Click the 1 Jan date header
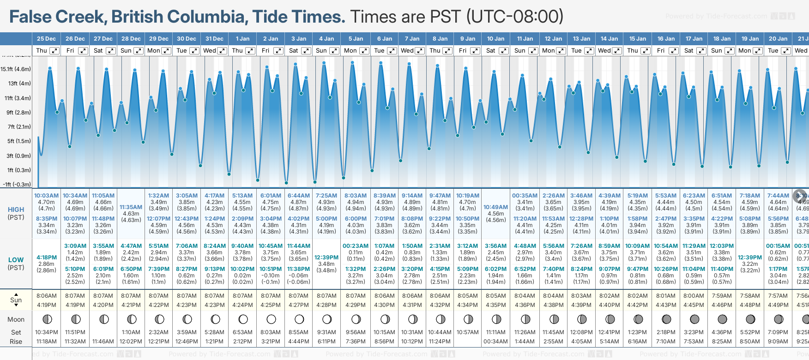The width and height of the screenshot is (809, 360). click(x=242, y=39)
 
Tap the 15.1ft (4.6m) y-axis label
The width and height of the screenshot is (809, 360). click(x=16, y=69)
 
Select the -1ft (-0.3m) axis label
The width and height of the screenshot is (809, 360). click(x=17, y=184)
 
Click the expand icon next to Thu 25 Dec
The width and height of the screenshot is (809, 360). click(x=54, y=51)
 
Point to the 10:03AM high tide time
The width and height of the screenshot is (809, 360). click(x=47, y=196)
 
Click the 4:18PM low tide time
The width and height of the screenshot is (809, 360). click(x=47, y=258)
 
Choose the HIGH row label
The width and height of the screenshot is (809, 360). click(x=16, y=210)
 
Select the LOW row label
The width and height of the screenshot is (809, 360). click(x=16, y=260)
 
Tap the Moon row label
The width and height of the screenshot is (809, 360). click(x=16, y=319)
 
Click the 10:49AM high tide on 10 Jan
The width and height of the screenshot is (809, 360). click(x=495, y=207)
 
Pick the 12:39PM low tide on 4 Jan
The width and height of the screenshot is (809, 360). click(x=326, y=258)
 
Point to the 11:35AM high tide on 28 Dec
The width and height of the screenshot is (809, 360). click(x=131, y=207)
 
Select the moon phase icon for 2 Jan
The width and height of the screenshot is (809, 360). click(x=271, y=319)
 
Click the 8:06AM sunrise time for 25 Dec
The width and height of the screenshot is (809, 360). click(x=47, y=296)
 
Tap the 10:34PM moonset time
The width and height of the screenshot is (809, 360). click(x=47, y=332)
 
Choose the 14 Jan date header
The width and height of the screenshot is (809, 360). click(x=610, y=39)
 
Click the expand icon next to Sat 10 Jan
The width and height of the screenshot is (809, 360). click(x=504, y=51)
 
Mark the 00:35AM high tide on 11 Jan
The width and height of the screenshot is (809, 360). click(x=525, y=196)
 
